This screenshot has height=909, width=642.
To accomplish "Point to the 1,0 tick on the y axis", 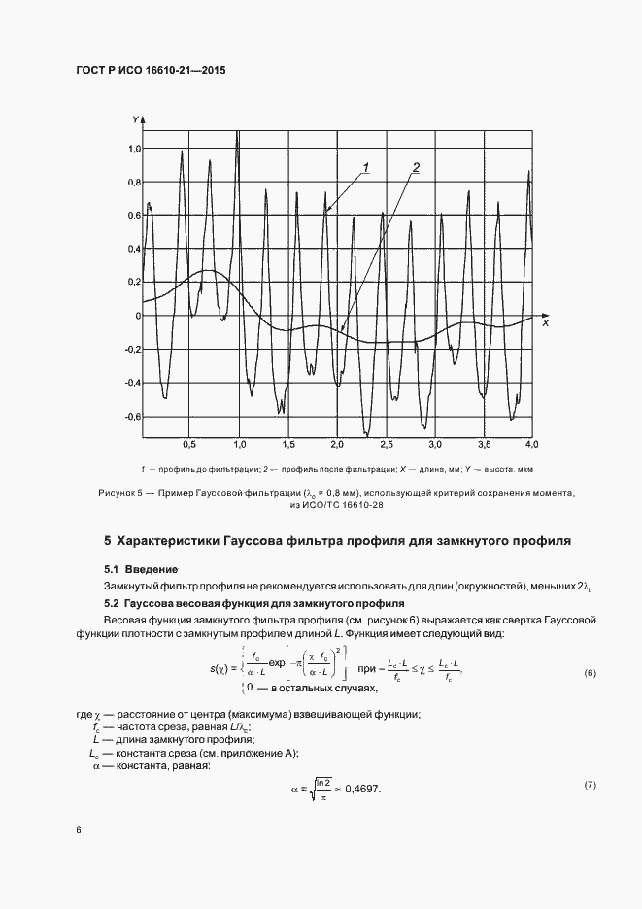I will coord(134,149).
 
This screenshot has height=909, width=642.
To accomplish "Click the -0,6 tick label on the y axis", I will coord(132,417).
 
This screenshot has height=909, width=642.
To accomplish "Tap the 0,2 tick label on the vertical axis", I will coord(134,283).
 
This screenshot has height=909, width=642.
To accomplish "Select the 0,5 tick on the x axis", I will coord(190,444).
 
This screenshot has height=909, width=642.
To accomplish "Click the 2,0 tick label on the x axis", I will coord(337,444).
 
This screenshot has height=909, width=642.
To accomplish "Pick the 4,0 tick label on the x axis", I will coord(531,444).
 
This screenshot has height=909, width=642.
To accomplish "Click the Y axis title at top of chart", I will coord(135,118).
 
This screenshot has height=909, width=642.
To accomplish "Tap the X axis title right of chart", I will coord(546,321).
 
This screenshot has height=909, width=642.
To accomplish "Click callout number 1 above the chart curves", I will coord(366,168).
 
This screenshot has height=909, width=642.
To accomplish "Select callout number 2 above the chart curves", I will coord(415,168).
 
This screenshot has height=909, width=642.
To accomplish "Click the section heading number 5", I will coord(108,540).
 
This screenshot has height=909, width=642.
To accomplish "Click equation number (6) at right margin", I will coord(590,674).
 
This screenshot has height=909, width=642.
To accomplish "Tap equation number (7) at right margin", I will coord(590,783).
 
